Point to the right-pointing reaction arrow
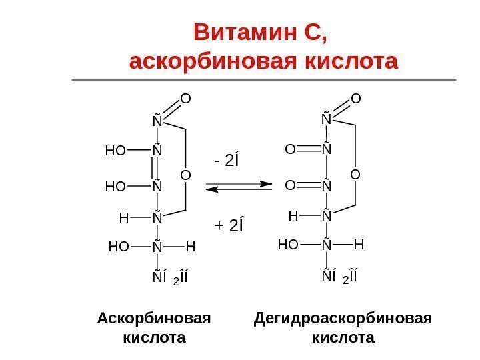pyautogui.click(x=241, y=183)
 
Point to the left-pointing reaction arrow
pyautogui.click(x=241, y=190)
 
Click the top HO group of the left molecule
pyautogui.click(x=115, y=151)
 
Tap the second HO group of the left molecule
pyautogui.click(x=115, y=187)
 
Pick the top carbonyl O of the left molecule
pyautogui.click(x=186, y=99)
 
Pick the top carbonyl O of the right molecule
pyautogui.click(x=356, y=99)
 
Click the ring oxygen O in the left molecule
pyautogui.click(x=185, y=175)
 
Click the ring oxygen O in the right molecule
pyautogui.click(x=355, y=175)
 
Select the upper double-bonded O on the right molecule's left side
pyautogui.click(x=291, y=151)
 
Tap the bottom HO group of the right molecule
pyautogui.click(x=288, y=245)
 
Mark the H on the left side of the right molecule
pyautogui.click(x=292, y=216)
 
